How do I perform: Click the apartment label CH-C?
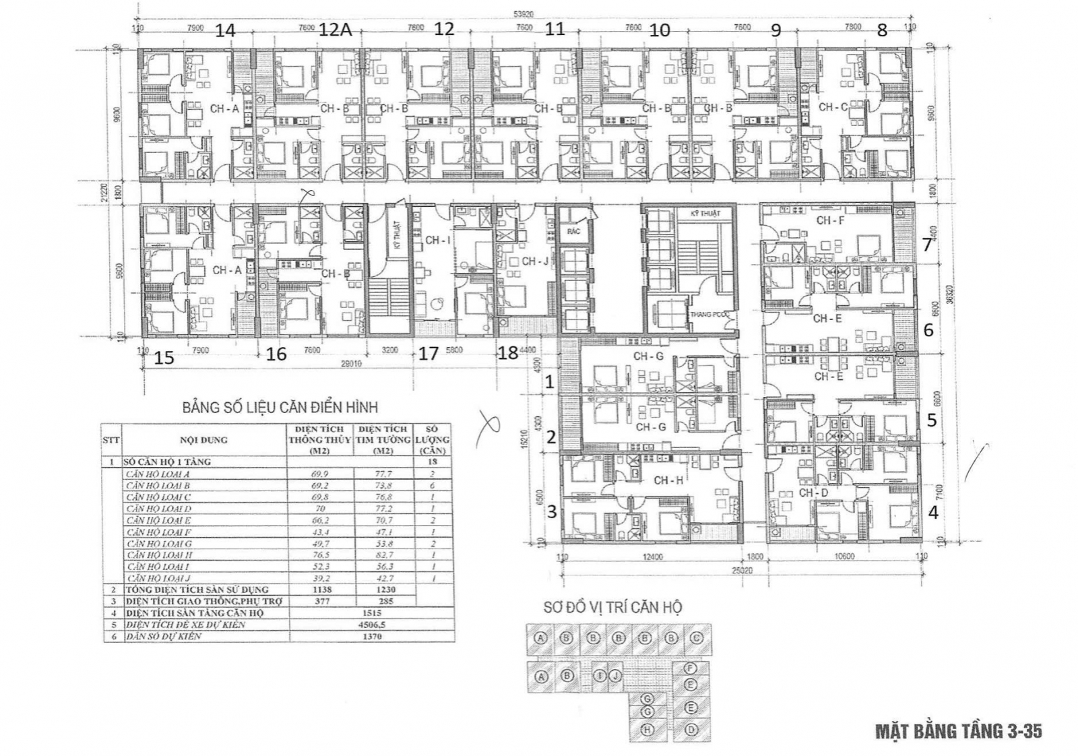(x=833, y=107)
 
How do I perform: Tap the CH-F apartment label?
(x=830, y=220)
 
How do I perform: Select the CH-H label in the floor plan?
(x=668, y=480)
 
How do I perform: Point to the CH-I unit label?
(x=437, y=240)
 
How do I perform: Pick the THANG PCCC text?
(x=710, y=315)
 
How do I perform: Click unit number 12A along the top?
(x=336, y=30)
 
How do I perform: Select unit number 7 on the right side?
(x=927, y=245)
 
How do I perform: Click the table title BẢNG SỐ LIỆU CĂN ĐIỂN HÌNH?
(x=280, y=408)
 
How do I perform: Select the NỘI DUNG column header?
(x=203, y=440)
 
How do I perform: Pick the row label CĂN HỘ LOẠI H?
(x=159, y=555)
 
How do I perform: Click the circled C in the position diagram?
(x=697, y=638)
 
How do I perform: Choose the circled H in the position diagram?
(x=647, y=730)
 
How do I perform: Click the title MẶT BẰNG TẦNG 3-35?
(x=959, y=731)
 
